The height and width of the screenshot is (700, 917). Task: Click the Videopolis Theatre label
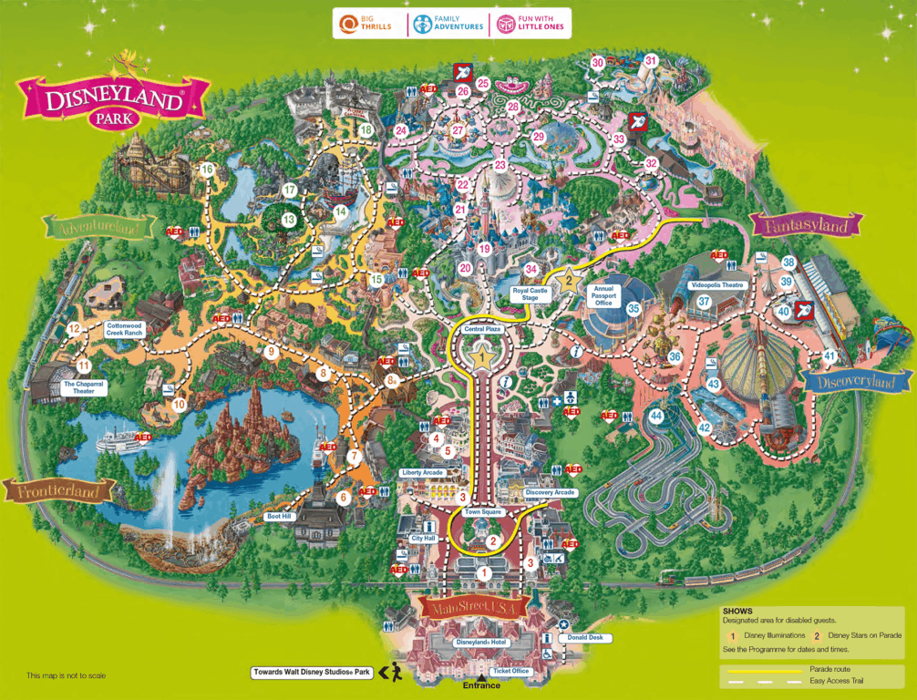717,285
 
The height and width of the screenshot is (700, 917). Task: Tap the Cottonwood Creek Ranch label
125,329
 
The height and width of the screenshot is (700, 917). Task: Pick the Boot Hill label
277,517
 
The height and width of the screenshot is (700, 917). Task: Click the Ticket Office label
510,671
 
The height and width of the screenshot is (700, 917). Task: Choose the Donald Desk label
584,638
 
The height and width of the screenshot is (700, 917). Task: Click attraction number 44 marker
656,417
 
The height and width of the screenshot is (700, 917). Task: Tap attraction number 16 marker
207,170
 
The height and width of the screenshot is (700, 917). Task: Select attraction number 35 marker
634,309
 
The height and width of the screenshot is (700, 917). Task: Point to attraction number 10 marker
179,404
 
